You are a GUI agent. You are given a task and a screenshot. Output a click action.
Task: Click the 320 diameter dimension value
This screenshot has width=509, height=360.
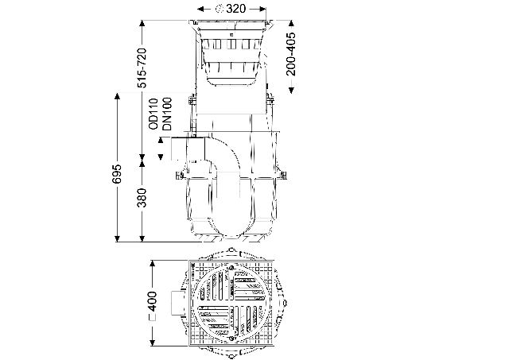tap(236, 9)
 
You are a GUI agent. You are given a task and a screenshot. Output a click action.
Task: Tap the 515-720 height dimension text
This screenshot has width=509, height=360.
tap(142, 68)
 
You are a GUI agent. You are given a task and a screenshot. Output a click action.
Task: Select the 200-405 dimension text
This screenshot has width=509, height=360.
tap(291, 54)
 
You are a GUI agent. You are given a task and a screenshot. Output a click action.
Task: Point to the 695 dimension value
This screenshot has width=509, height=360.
tap(117, 174)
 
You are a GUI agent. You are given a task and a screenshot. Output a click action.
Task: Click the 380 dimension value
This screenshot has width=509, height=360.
tap(142, 198)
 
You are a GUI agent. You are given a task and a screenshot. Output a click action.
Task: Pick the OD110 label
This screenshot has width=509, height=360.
tap(153, 114)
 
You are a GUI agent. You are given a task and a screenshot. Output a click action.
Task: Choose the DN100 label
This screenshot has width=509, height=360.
tap(167, 114)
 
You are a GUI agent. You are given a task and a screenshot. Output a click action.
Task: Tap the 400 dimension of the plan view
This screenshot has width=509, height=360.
tap(152, 301)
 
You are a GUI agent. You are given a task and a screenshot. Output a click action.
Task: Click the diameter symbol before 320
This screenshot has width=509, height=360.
tap(220, 9)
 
